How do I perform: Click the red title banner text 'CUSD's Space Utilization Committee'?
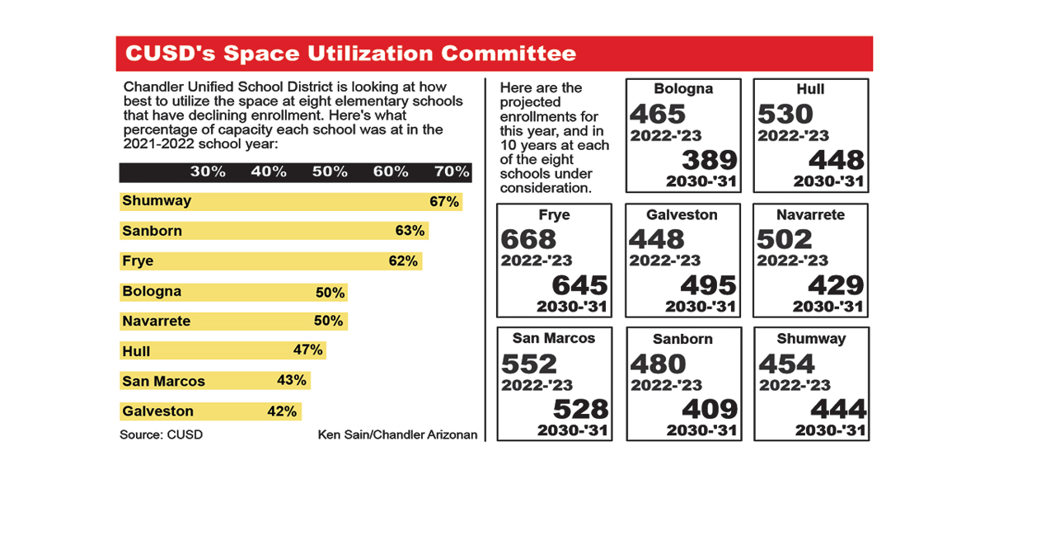tap(350, 54)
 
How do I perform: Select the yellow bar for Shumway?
tap(290, 201)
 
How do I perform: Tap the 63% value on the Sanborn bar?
tap(410, 231)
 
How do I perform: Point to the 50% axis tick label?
tap(330, 171)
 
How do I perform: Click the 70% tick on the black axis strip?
tap(452, 171)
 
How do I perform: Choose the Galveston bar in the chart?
tap(210, 411)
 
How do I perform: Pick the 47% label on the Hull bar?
tap(307, 350)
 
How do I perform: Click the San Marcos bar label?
tap(163, 381)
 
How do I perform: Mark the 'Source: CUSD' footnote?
tap(161, 434)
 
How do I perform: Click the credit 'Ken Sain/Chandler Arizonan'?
tap(397, 434)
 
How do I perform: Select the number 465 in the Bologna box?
tap(658, 114)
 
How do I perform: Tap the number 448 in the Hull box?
tap(836, 160)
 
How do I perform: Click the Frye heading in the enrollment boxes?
tap(554, 215)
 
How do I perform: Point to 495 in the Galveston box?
tap(708, 285)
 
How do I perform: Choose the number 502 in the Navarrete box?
tap(785, 239)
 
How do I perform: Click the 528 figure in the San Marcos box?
tap(580, 409)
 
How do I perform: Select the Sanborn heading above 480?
tap(682, 339)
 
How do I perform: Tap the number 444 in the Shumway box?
tap(838, 409)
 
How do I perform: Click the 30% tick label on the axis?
tap(208, 171)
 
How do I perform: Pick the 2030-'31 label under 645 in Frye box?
tap(572, 307)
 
